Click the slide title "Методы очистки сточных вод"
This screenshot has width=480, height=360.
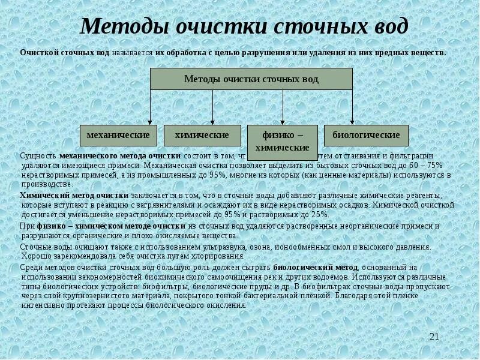click(x=244, y=26)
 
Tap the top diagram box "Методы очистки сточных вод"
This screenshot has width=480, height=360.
click(x=251, y=79)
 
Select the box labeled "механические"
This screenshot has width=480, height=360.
click(x=118, y=136)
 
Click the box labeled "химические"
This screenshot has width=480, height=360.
click(x=202, y=136)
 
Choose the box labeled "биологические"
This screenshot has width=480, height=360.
click(x=366, y=136)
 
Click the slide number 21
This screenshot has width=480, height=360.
click(x=434, y=337)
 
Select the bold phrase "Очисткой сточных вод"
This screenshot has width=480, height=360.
click(x=64, y=53)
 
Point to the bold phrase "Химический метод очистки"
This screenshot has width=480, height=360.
click(x=74, y=196)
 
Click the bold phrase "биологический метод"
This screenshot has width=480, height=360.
click(x=316, y=267)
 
